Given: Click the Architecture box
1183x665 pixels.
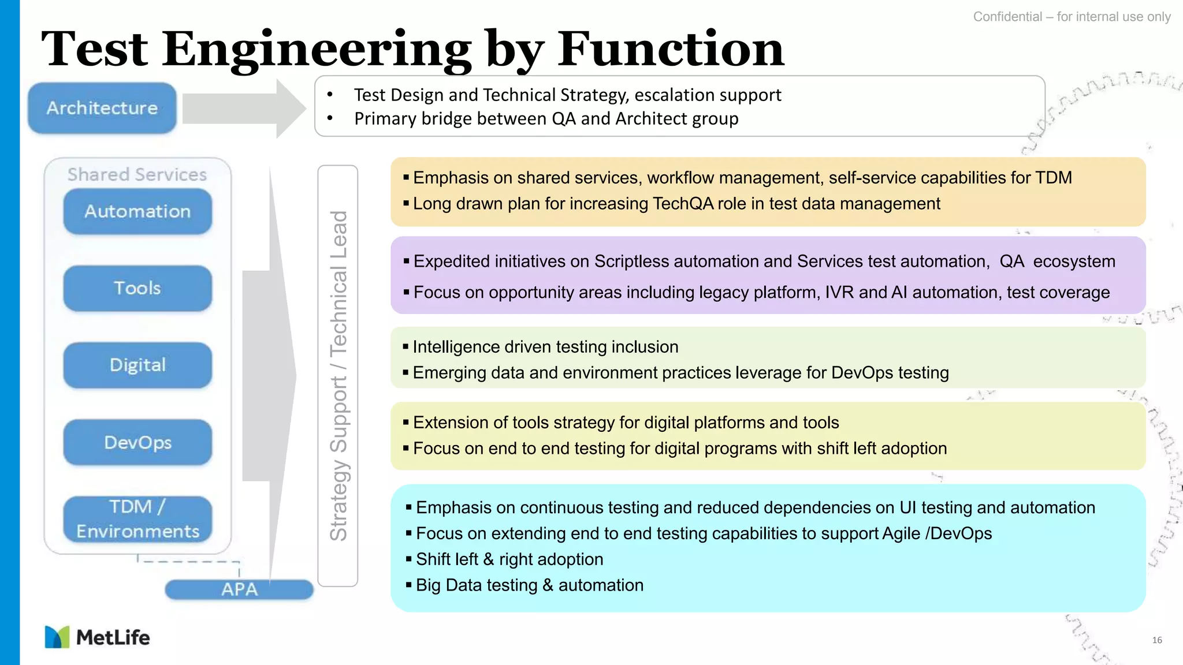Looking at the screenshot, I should pos(102,108).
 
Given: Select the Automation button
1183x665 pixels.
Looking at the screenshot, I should pos(137,211).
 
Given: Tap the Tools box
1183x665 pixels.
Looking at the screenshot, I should pos(137,288).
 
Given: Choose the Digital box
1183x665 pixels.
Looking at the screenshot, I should pos(137,365).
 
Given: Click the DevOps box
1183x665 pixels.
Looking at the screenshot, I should pos(137,442).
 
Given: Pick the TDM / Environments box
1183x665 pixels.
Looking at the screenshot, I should pos(137,519).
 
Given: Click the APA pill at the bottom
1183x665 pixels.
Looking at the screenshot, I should pos(239,589).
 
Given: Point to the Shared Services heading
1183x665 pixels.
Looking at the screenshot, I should pos(137,174).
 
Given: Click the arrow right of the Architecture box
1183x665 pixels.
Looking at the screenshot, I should pos(243,108).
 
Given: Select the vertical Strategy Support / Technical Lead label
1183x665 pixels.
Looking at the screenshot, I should pos(338,375).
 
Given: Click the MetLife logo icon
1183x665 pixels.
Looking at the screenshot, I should pos(57,637).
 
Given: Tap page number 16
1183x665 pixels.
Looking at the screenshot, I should pos(1156,640).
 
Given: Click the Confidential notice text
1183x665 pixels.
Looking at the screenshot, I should pos(1072,17).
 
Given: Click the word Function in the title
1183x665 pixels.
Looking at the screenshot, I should pos(670,49).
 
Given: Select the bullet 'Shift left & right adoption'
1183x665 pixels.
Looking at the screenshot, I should pos(509,559).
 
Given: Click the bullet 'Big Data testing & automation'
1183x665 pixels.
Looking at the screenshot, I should pos(529,585).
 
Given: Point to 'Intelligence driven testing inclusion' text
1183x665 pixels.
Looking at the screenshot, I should pos(545,347).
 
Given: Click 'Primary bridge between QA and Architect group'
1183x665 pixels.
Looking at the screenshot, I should pos(546,119).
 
